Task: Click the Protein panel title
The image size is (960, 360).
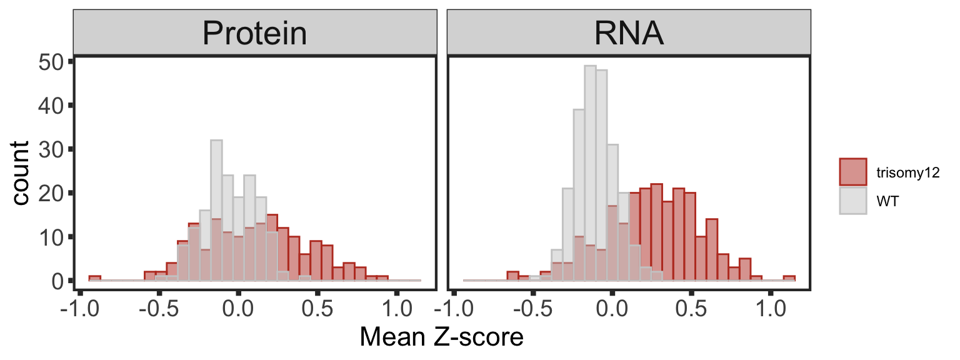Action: click(x=254, y=34)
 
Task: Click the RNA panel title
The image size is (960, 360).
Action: click(x=628, y=34)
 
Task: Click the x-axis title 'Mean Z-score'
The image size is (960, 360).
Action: click(x=441, y=338)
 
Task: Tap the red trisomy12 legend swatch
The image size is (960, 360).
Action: click(x=853, y=172)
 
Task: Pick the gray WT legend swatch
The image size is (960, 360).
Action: click(x=853, y=201)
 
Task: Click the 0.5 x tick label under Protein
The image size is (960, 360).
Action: click(x=317, y=309)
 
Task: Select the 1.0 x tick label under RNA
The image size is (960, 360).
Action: click(x=770, y=309)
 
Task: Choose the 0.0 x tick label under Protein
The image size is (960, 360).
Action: click(x=238, y=309)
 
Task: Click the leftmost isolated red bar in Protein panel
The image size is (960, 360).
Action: click(x=94, y=278)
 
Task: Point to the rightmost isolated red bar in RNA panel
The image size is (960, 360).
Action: click(x=789, y=278)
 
